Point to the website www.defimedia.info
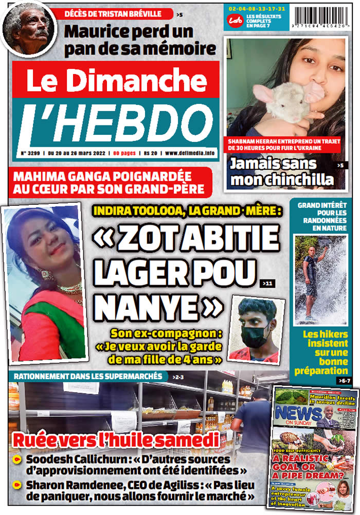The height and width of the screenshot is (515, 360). pos(190,153)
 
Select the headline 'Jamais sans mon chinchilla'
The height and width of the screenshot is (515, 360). pos(281,172)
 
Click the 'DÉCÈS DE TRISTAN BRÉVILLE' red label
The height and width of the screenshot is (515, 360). pos(118,14)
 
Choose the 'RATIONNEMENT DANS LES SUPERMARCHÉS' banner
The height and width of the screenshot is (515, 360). pos(88,377)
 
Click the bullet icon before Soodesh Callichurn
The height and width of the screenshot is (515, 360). pos(17,458)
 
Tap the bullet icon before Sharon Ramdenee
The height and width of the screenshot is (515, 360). pos(17,484)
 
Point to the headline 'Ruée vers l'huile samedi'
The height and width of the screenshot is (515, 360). pos(116,440)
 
